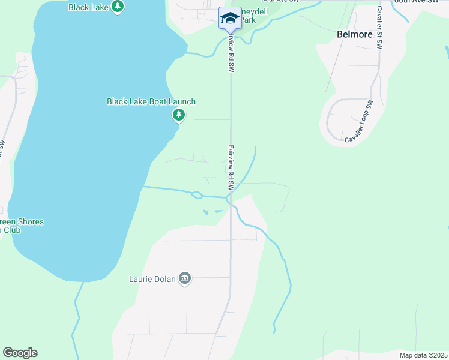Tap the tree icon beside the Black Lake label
coord(118,7)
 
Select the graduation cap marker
coord(229,18)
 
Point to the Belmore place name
coord(354,34)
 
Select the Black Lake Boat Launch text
coord(151,101)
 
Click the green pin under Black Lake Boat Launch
coord(178,115)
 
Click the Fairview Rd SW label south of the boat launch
coord(230,168)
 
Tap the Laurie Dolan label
coord(152,279)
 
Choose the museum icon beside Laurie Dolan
coord(185,279)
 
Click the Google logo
coord(20,353)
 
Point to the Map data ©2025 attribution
coord(423,355)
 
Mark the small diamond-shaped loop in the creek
coord(196,194)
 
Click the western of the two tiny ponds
coord(206,212)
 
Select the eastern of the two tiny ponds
coord(216,211)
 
